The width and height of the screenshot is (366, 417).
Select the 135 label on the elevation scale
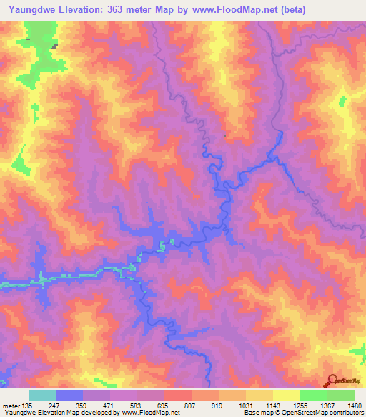pos(26,406)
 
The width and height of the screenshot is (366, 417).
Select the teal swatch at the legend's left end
pos(42,395)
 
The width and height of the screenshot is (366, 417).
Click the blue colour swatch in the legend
pos(69,395)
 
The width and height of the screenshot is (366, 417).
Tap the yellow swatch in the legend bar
pos(286,395)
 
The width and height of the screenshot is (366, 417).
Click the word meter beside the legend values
pos(10,406)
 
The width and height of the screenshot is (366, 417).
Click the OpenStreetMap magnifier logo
pos(332,380)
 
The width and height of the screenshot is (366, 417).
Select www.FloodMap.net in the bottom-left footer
pos(152,413)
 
